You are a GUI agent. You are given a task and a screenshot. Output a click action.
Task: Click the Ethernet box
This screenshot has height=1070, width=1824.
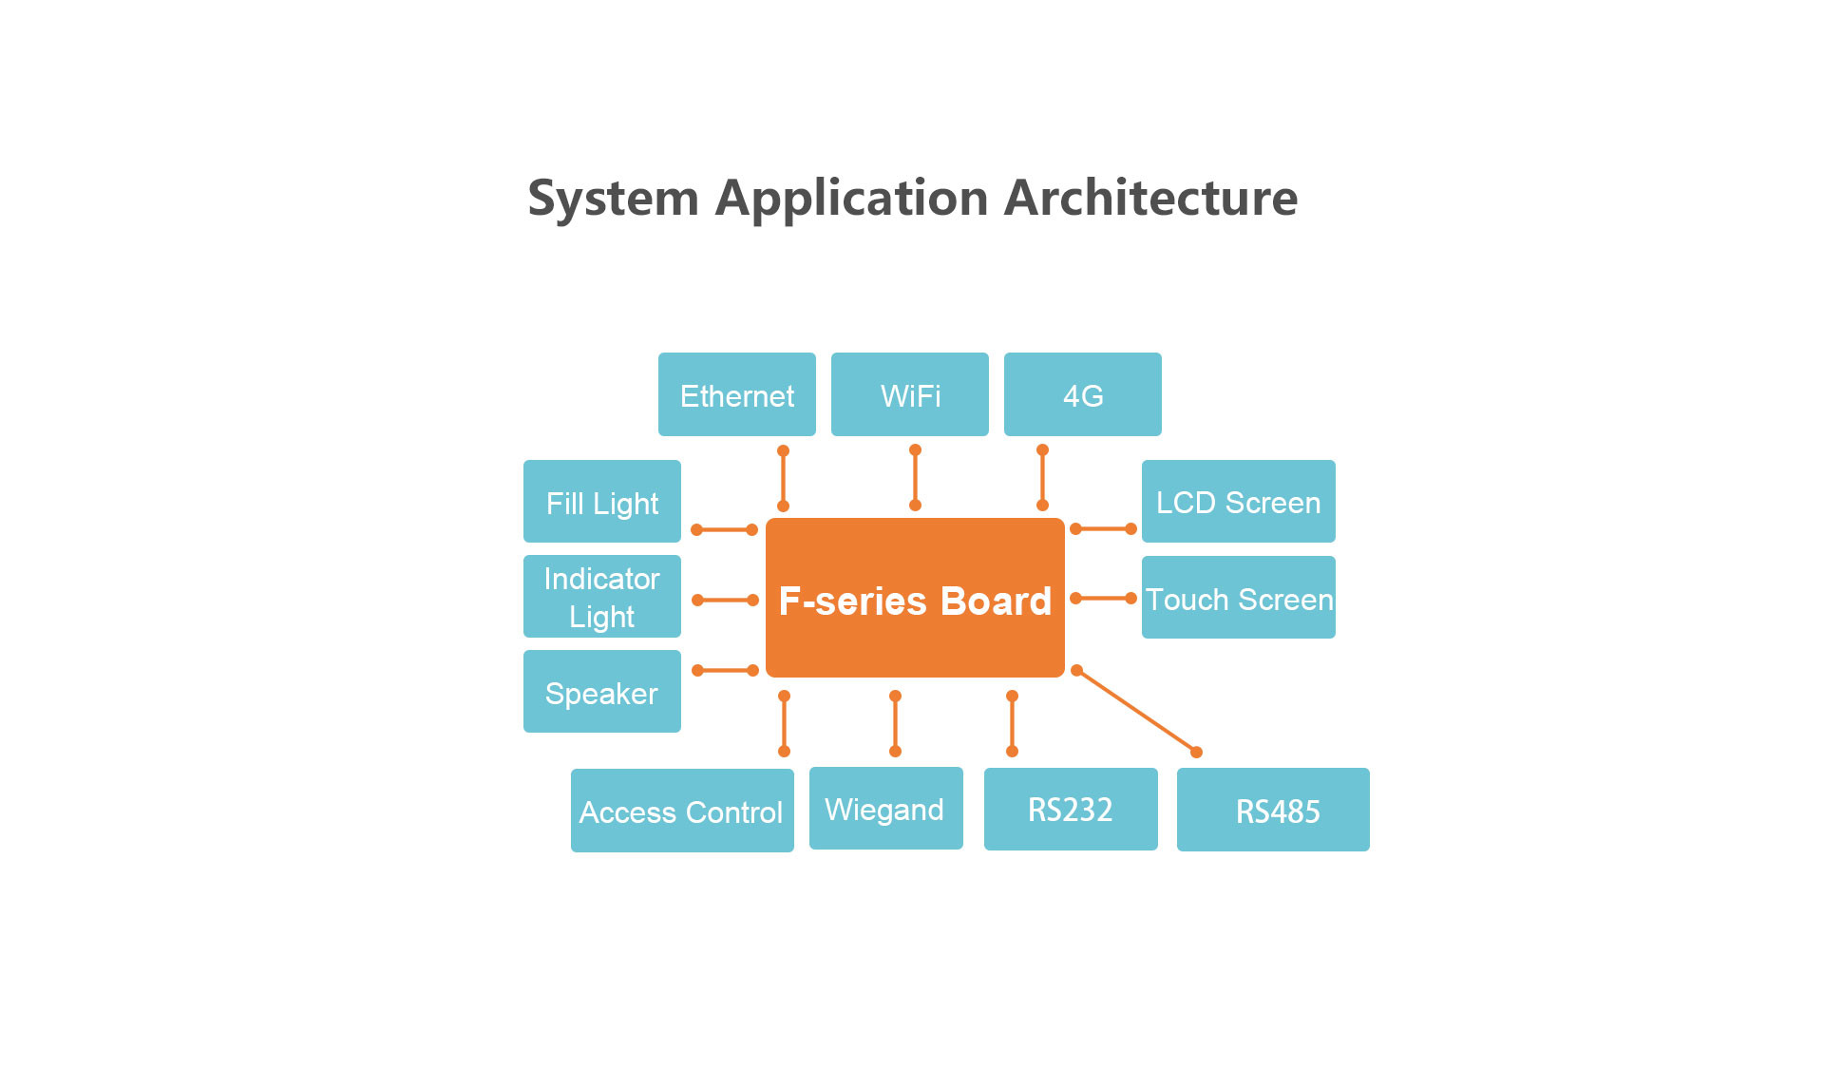(736, 394)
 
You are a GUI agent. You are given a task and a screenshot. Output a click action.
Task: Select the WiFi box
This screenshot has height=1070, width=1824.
(909, 394)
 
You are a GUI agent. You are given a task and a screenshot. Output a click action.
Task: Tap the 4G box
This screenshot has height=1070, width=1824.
(1082, 394)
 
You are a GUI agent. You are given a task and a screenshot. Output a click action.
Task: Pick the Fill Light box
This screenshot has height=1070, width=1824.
(601, 502)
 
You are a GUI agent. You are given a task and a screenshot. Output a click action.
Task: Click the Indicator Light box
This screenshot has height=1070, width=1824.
(601, 597)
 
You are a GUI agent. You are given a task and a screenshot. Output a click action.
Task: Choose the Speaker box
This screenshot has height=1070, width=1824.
(601, 692)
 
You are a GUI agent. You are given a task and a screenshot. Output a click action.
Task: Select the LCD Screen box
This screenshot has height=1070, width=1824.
(1238, 502)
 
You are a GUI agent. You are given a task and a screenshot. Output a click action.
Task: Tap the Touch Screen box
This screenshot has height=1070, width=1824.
(1238, 598)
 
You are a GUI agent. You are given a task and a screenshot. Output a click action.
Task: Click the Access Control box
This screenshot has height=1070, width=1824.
(682, 811)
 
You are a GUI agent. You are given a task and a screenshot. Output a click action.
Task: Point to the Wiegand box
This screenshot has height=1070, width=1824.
(885, 809)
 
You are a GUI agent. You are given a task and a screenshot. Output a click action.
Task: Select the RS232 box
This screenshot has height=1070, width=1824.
(1071, 810)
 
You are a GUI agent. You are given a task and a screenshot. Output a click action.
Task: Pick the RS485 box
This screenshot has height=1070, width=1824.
(1273, 810)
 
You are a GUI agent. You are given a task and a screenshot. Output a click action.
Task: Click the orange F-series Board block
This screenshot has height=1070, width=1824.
(915, 598)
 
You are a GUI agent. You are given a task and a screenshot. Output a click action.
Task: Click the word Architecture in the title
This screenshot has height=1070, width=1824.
(1150, 198)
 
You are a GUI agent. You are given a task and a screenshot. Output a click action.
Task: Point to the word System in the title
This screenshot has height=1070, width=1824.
(614, 198)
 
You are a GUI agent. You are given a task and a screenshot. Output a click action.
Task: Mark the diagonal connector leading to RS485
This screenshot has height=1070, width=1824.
(1136, 711)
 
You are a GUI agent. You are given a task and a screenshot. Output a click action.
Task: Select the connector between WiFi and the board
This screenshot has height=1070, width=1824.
(915, 478)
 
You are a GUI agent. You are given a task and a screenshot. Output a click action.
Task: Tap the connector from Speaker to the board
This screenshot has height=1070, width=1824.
(725, 671)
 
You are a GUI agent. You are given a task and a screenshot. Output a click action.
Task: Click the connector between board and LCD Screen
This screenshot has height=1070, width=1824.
(1103, 529)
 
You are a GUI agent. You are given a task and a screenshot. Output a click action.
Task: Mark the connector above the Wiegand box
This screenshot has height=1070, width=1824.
(895, 724)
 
